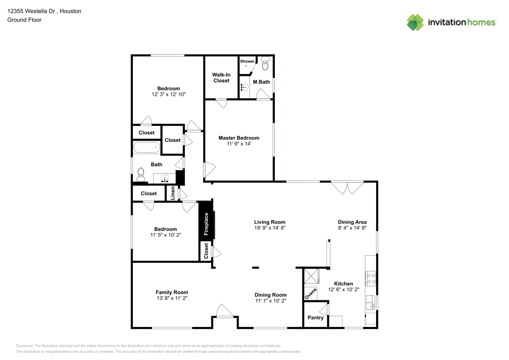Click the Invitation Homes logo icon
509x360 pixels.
pos(415,22)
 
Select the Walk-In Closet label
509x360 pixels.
pos(221,77)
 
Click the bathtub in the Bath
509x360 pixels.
pos(147,149)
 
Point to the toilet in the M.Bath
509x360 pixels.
pos(265,65)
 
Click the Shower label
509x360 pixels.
pos(247,61)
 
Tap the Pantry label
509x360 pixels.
pos(315,318)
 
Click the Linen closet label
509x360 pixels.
pos(173,193)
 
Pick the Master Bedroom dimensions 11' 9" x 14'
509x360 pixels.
pos(239,144)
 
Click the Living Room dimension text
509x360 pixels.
pos(270,229)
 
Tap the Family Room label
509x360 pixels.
pos(172,292)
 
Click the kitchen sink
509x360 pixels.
pos(371,302)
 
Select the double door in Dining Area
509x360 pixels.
pos(347,188)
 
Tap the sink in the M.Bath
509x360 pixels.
pos(244,88)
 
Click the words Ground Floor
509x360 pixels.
pos(24,20)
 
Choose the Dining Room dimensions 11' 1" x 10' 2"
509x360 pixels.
pos(270,301)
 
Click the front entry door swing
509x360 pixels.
pos(223,311)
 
